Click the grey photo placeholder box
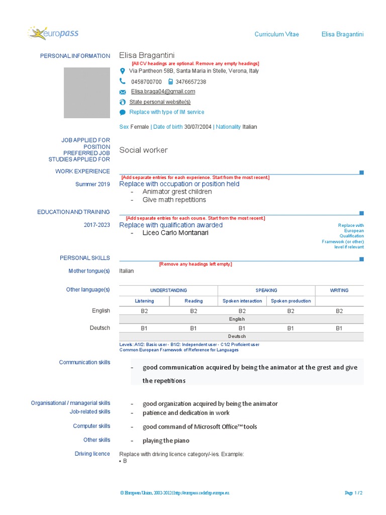click(x=86, y=93)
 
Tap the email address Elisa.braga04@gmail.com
click(x=163, y=92)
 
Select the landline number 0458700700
click(x=146, y=81)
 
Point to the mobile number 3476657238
click(x=190, y=81)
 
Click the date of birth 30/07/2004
click(x=199, y=127)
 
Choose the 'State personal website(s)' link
click(x=160, y=102)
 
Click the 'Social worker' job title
click(x=143, y=150)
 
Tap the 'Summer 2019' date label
click(x=92, y=184)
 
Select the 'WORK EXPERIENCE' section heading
click(x=82, y=171)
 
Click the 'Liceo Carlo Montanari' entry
click(x=175, y=233)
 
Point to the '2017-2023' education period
click(x=96, y=225)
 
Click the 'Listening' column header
click(x=145, y=301)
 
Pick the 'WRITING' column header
click(x=339, y=290)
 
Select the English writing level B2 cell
click(x=339, y=311)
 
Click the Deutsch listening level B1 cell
click(x=144, y=328)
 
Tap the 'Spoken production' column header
click(x=291, y=301)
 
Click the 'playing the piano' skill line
click(x=166, y=441)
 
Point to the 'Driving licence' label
click(x=92, y=454)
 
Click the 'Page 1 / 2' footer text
click(x=354, y=493)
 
